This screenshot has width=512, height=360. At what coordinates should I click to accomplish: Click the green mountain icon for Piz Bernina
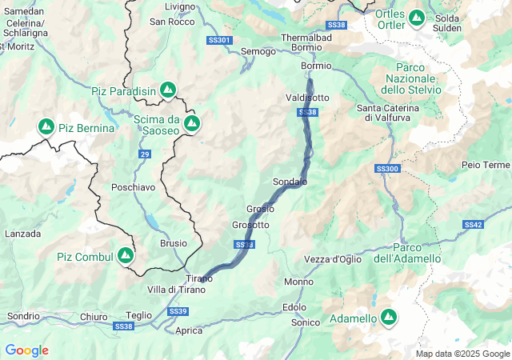pyautogui.click(x=46, y=127)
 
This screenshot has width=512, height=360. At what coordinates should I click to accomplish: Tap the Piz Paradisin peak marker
pyautogui.click(x=168, y=90)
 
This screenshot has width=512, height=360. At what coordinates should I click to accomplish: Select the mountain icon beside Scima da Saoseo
pyautogui.click(x=192, y=122)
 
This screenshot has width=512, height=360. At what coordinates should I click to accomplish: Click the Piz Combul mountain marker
pyautogui.click(x=125, y=255)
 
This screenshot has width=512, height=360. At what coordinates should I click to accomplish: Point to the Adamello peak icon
pyautogui.click(x=389, y=318)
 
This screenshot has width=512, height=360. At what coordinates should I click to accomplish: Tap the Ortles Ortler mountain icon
pyautogui.click(x=416, y=17)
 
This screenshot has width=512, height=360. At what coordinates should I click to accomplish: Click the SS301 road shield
pyautogui.click(x=218, y=40)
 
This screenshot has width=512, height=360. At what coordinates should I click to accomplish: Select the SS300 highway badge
pyautogui.click(x=386, y=169)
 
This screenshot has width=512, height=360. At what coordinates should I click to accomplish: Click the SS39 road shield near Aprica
pyautogui.click(x=178, y=310)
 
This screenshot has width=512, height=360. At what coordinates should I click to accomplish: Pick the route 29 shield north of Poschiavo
pyautogui.click(x=144, y=154)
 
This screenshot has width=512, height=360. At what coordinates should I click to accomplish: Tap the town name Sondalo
pyautogui.click(x=290, y=182)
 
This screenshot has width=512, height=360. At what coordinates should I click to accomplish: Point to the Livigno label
pyautogui.click(x=179, y=6)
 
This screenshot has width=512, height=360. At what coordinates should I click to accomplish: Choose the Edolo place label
pyautogui.click(x=294, y=307)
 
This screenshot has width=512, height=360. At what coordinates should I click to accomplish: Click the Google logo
pyautogui.click(x=26, y=350)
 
